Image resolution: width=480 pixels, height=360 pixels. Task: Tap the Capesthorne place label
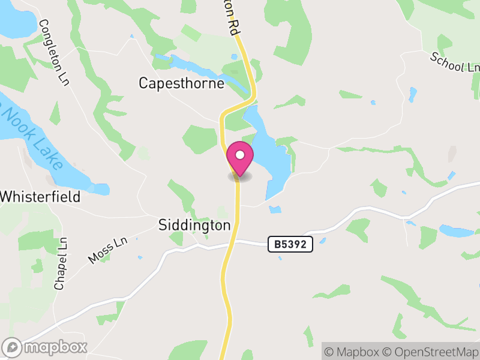tap(181, 83)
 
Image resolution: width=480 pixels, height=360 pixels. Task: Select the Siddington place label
tap(194, 225)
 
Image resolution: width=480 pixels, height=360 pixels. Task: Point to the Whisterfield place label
tap(40, 196)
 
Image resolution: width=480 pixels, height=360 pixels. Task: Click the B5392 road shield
tap(290, 244)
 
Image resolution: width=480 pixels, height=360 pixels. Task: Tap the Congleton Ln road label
tap(54, 52)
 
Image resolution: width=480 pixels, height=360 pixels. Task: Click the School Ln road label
tap(455, 62)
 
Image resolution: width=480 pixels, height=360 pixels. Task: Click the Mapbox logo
tap(46, 346)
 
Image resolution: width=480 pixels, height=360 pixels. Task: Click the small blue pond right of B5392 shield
tap(323, 241)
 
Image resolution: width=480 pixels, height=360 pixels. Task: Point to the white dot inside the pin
tap(240, 155)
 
